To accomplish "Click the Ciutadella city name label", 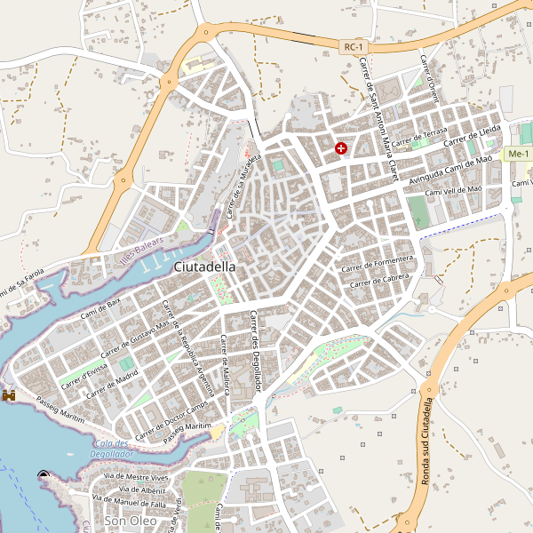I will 205,266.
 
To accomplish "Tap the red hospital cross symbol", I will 341,148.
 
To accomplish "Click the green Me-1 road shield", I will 517,155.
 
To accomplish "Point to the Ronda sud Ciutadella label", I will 427,442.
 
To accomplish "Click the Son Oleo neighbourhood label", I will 131,521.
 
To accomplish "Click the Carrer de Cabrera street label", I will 384,280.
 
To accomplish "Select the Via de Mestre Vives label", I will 136,477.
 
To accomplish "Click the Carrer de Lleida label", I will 473,136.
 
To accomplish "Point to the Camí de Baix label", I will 100,308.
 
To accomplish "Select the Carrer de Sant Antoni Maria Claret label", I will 377,115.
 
